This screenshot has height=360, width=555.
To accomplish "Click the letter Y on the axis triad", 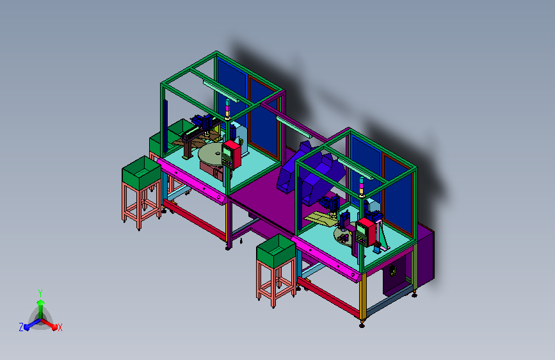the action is tap(40, 293).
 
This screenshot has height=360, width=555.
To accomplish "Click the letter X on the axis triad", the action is tap(60, 327).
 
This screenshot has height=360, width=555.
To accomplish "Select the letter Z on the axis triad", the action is tap(21, 327).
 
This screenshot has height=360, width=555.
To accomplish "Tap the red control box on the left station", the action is tap(231, 155).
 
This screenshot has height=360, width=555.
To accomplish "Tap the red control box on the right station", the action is tap(366, 233).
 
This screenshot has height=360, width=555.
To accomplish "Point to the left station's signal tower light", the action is tap(228, 109).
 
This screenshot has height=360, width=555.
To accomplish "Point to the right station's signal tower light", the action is tap(362, 187).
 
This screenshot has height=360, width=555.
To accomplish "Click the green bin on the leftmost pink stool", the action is tap(141, 173).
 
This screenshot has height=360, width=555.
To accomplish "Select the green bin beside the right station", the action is tap(276, 251).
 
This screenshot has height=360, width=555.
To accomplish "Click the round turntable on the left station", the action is tap(211, 155).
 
